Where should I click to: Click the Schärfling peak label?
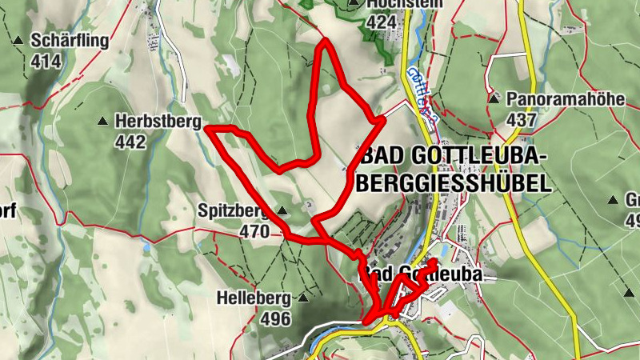coord(69,39)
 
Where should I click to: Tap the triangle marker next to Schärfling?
coord(18,39)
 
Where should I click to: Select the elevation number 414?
coord(46,60)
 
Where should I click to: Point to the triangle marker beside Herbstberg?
coord(102,122)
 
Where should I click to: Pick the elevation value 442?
coord(130,142)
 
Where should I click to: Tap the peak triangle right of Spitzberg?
coord(282,211)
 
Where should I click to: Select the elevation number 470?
coord(254,231)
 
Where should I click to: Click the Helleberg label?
coord(253,298)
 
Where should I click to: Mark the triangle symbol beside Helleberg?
coord(302,298)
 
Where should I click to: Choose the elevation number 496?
coord(276,318)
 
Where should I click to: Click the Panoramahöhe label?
coord(554,99)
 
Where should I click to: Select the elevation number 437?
coord(522,119)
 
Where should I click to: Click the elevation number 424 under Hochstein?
coord(382,22)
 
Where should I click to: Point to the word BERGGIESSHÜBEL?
coord(454,183)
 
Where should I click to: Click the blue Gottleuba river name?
coord(422,93)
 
